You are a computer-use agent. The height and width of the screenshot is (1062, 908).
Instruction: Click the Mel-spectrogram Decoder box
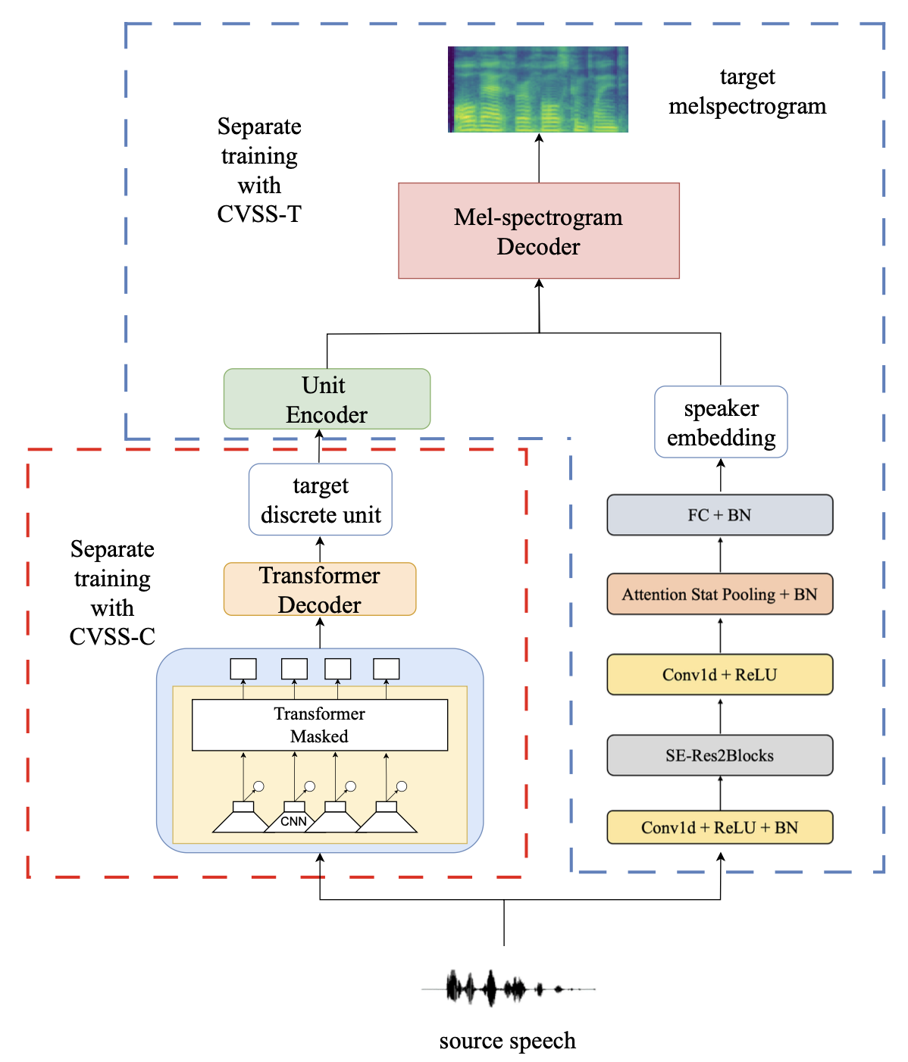tap(538, 231)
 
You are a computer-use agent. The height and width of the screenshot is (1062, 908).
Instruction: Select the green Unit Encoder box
tap(327, 399)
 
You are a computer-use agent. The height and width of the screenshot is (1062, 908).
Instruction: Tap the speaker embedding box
tap(721, 422)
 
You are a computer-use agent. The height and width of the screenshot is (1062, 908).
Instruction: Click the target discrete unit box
tap(321, 500)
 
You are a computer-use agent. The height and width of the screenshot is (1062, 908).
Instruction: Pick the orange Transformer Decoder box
tap(320, 589)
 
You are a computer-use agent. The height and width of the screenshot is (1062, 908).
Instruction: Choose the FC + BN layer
tap(719, 515)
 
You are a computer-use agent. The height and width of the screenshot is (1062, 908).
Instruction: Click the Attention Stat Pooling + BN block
tap(719, 595)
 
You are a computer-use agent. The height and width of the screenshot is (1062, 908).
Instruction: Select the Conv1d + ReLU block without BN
tap(719, 675)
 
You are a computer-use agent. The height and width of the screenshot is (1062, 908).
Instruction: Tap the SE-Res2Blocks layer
tap(719, 755)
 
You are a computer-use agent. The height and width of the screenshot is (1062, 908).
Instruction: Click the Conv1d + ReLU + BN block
tap(719, 827)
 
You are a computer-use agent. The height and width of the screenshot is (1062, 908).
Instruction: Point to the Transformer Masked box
tap(320, 725)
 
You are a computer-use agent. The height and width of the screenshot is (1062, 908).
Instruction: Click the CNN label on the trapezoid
tap(294, 821)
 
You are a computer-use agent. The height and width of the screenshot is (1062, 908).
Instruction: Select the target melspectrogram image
tap(538, 89)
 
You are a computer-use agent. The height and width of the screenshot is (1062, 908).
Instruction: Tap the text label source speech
tap(507, 1041)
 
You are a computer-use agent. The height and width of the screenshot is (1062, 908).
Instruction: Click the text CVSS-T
tap(259, 214)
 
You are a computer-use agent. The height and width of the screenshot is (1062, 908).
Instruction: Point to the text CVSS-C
tap(112, 637)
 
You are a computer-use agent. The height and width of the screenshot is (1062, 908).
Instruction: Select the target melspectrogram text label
tap(747, 91)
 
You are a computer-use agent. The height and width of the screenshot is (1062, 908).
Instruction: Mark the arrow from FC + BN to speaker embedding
tap(720, 476)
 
